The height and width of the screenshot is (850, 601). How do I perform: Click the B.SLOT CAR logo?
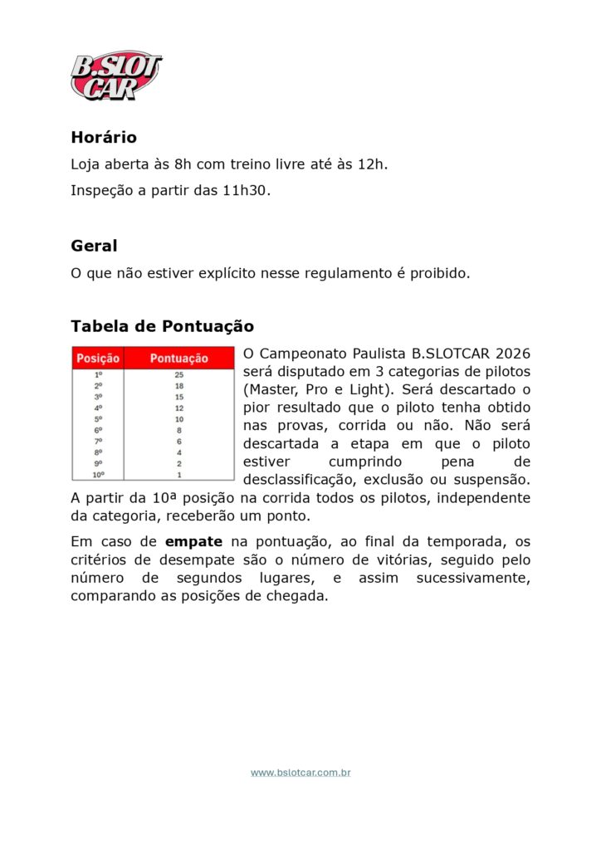[115, 75]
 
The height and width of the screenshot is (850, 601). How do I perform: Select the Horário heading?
[104, 137]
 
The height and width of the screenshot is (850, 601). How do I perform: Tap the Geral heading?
[94, 246]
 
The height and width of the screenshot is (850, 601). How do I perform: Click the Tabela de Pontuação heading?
[162, 326]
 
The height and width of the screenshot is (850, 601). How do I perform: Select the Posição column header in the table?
[98, 359]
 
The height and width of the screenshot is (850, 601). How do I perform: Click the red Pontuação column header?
[178, 359]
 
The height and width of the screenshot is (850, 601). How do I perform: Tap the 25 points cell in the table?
[178, 375]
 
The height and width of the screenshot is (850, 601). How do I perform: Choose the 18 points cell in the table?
[178, 386]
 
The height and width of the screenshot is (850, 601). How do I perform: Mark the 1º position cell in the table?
[98, 375]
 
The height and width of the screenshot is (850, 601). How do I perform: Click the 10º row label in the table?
[98, 475]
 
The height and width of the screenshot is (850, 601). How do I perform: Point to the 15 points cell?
[178, 397]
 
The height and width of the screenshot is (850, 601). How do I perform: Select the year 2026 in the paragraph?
[512, 354]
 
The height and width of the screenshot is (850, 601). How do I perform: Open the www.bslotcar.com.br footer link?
[300, 773]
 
